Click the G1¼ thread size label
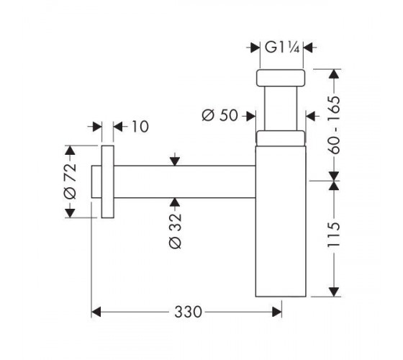(282, 48)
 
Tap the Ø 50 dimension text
(219, 115)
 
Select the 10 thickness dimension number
(140, 127)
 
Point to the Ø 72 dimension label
(70, 181)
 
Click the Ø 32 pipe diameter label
(176, 231)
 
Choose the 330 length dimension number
(188, 312)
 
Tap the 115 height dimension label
(334, 234)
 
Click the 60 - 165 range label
(334, 125)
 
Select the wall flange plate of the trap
(108, 181)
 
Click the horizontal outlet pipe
(184, 181)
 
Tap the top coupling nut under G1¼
(281, 78)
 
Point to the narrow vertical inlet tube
(281, 109)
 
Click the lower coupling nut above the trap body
(281, 138)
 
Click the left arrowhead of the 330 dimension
(96, 312)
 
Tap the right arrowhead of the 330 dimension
(277, 312)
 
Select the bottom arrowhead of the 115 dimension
(334, 292)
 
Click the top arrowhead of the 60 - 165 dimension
(334, 73)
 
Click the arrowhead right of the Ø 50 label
(250, 116)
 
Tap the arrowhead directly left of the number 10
(118, 127)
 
